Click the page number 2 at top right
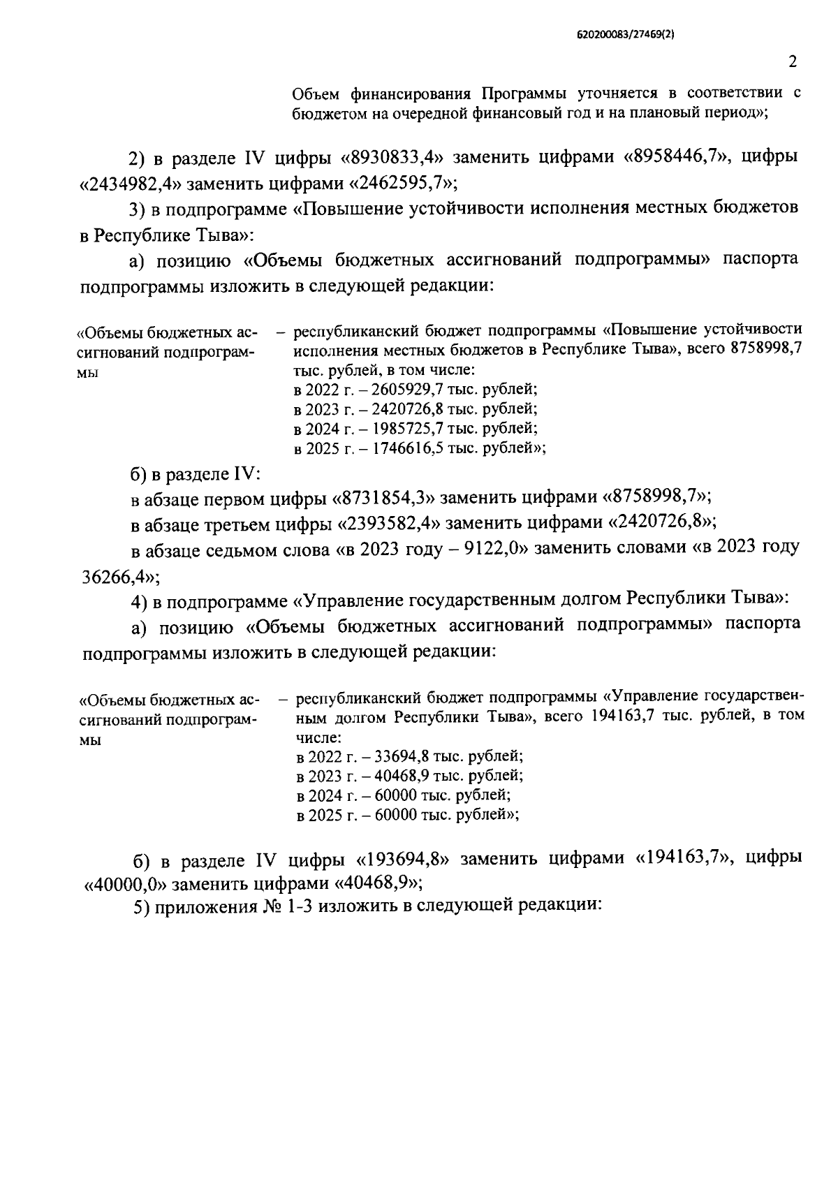792,62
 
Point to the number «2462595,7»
400,184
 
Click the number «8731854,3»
386,498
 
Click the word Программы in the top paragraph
524,94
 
